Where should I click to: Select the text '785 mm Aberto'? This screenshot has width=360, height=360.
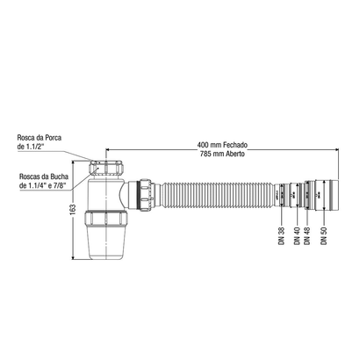pyautogui.click(x=220, y=153)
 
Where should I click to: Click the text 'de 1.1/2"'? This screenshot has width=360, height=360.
pyautogui.click(x=33, y=148)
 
